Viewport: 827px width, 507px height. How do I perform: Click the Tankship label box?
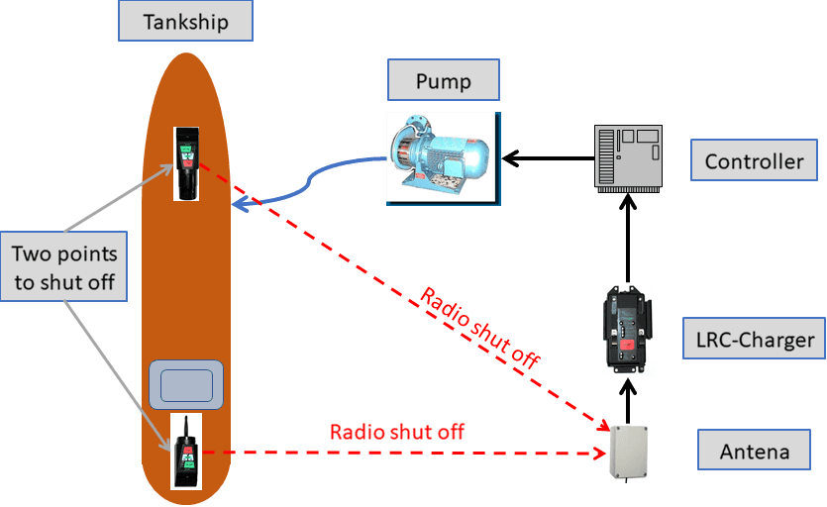pos(184,21)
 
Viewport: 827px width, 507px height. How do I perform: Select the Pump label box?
pos(443,80)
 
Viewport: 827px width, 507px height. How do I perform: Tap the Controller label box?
pos(754,160)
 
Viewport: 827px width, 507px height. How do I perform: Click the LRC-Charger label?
pos(755,340)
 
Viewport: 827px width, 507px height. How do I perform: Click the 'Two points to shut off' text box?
pos(64,267)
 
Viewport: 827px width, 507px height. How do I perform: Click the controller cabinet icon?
pos(627,156)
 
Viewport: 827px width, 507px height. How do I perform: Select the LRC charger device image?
pos(628,329)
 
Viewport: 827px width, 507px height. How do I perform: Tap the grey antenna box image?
pos(629,453)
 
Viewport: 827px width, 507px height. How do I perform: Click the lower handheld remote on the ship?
pos(185,451)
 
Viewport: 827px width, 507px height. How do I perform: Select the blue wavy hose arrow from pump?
pos(307,183)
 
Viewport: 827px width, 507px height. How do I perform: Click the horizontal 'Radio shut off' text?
pos(396,432)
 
